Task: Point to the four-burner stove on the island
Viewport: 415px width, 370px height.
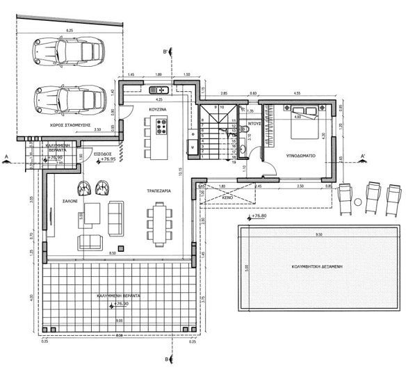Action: click(161, 127)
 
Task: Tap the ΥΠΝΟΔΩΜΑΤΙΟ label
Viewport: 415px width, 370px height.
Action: click(300, 156)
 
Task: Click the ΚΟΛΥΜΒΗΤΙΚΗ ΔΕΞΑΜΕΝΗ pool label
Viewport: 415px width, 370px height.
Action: click(319, 266)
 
